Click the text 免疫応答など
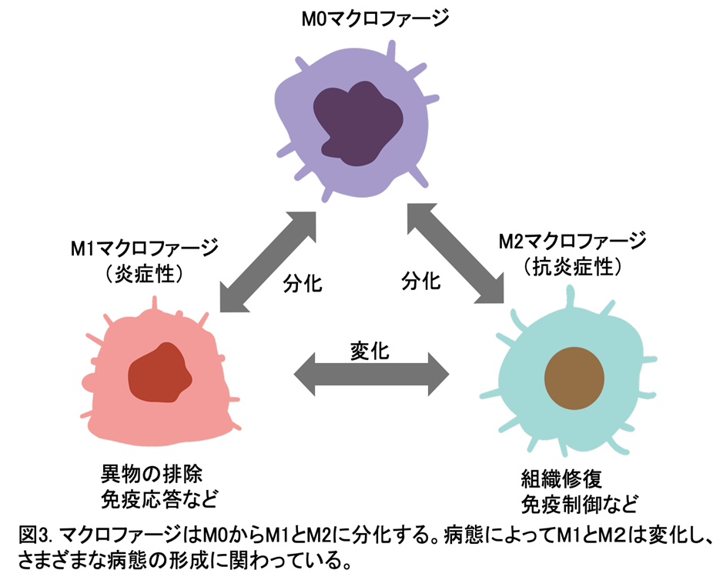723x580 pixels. pyautogui.click(x=159, y=499)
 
